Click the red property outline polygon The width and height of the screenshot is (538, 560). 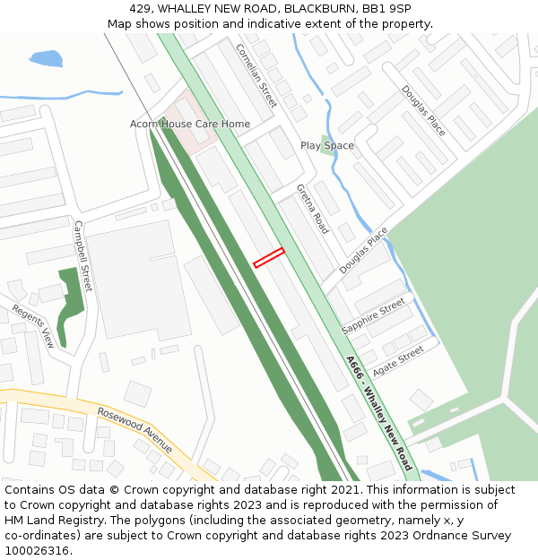coord(269,257)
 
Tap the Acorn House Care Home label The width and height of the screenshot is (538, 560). coord(190,124)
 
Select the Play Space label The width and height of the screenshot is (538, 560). coord(326,145)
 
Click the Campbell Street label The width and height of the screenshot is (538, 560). coord(82,255)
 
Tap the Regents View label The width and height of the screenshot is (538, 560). coord(33,326)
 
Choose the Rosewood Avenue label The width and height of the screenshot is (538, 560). coord(134,431)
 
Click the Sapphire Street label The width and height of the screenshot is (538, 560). coord(373,317)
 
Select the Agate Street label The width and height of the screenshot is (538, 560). coord(397,361)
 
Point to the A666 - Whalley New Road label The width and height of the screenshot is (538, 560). coord(378,413)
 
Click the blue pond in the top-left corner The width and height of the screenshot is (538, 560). coord(46,59)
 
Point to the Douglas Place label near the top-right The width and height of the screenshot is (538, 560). coord(423,110)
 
